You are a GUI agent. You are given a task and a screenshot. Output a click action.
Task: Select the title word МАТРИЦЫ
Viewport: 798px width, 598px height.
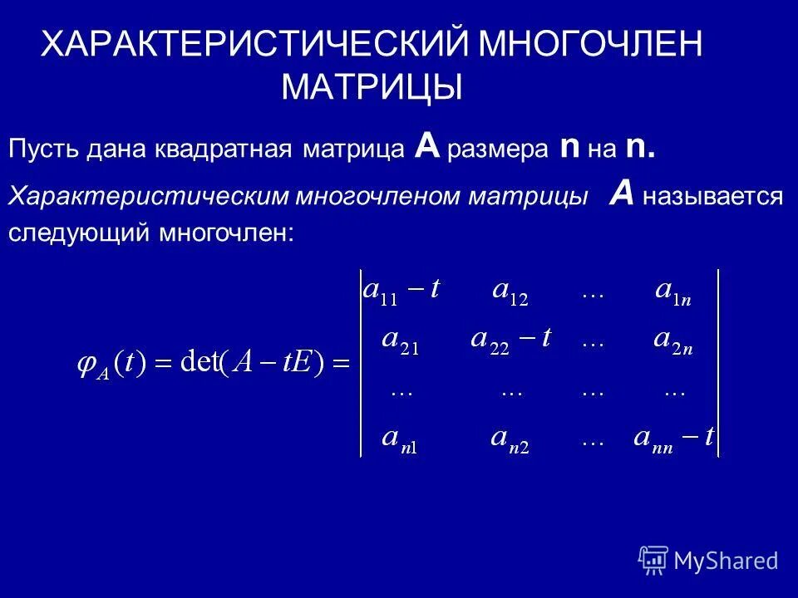[372, 86]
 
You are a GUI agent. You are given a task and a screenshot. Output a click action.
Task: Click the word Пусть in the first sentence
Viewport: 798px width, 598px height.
[42, 150]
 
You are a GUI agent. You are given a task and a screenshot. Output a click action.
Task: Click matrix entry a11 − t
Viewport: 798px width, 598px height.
[402, 292]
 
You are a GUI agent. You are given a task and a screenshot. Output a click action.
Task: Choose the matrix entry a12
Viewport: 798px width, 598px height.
[510, 293]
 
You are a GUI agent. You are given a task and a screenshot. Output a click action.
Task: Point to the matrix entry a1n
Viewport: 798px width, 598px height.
[674, 293]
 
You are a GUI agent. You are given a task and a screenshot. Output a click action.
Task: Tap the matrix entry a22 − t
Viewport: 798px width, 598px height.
[510, 341]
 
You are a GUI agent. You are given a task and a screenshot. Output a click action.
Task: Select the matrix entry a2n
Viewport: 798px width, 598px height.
[673, 341]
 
